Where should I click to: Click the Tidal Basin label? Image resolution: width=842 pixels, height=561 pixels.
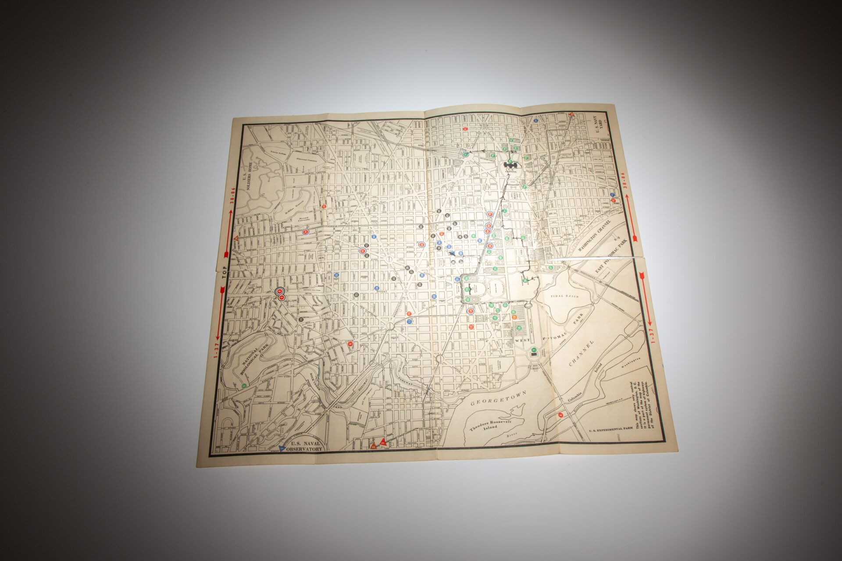pos(564,296)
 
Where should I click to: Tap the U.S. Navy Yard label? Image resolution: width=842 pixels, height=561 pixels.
pos(598,124)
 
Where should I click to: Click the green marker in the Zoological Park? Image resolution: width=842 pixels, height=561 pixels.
pos(244,385)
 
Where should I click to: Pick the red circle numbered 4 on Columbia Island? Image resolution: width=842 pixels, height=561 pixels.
pos(560,415)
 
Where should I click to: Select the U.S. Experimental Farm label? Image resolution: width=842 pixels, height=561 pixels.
pos(611,431)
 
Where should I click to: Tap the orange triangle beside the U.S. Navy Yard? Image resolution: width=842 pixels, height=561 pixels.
pos(571,114)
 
